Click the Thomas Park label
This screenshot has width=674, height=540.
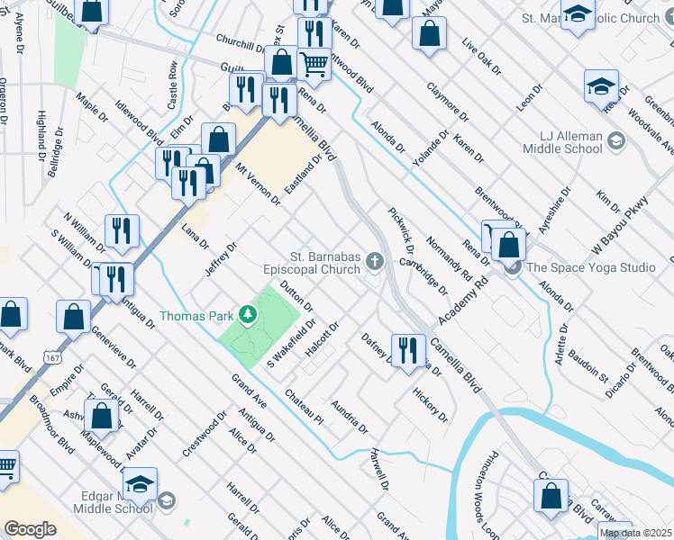196,316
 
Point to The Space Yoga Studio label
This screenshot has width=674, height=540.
591,267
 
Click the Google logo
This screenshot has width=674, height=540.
30,529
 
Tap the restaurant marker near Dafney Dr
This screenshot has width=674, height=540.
408,349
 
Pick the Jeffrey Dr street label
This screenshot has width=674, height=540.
220,259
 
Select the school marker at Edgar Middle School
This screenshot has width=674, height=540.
140,486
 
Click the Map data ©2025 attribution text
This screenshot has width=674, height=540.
635,533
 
